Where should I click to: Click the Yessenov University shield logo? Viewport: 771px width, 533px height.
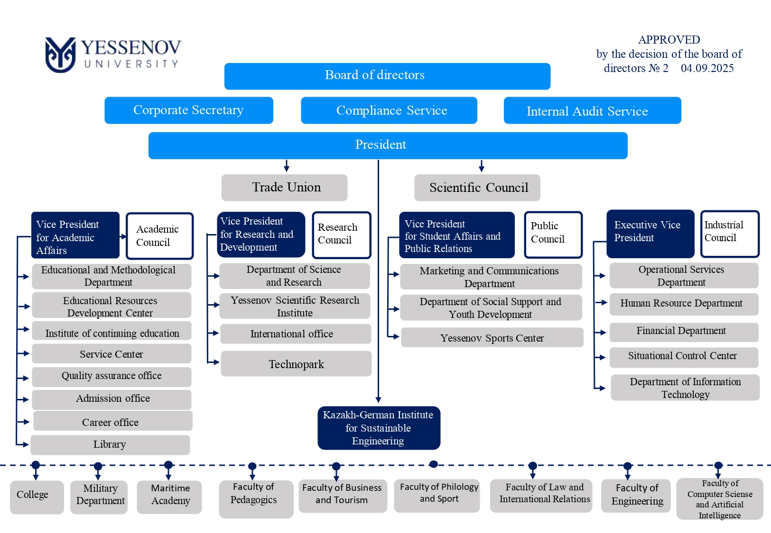coord(60,55)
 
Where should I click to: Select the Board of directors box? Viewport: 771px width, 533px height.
coord(387,76)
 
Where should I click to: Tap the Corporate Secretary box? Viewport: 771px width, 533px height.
coord(189,110)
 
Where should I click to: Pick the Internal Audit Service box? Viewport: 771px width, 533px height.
coord(592,110)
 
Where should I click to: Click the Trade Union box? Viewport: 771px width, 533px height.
coord(284,187)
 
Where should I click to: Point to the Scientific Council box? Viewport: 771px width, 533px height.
coord(477,188)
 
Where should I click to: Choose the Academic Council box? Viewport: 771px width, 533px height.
coord(160,236)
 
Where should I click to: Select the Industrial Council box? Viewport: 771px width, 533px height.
coord(730,234)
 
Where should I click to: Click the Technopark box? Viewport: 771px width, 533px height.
coord(296,363)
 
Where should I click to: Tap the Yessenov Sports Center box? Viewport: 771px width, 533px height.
coord(492,337)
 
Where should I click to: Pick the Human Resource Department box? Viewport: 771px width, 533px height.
coord(684,304)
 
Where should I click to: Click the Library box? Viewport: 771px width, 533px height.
coord(110,445)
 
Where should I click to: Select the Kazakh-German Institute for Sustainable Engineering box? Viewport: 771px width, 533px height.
coord(379,428)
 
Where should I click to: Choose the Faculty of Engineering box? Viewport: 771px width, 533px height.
coord(636,496)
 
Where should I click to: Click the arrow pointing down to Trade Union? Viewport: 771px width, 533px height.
coord(287,166)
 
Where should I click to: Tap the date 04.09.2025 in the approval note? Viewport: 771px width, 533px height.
coord(707,68)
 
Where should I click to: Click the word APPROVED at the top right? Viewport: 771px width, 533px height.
coord(669,40)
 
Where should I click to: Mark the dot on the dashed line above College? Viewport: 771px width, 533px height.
coord(36,465)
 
